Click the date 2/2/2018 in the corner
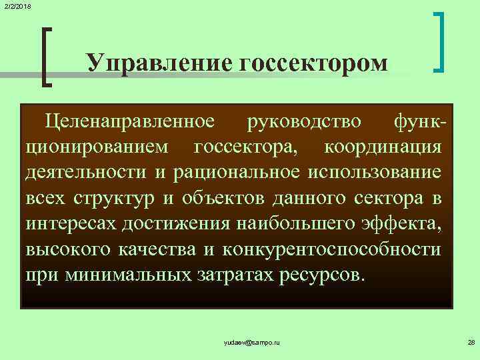coord(17,6)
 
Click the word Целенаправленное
coord(129,121)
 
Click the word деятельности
coord(86,172)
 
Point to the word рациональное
coord(237,172)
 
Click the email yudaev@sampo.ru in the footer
coord(252,342)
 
